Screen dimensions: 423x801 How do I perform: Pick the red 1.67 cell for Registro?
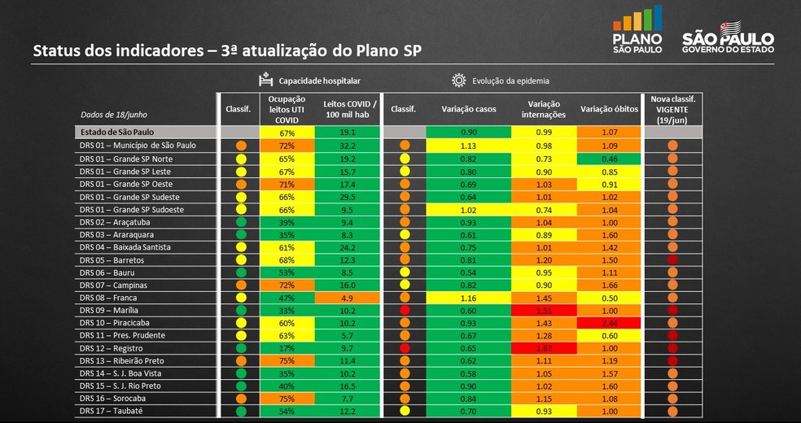click(x=545, y=348)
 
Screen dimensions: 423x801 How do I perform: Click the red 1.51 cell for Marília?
click(x=545, y=310)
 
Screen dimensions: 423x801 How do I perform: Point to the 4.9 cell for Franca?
click(x=349, y=298)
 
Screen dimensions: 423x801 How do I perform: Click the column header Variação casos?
click(x=469, y=109)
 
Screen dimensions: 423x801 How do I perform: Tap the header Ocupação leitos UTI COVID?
click(x=287, y=109)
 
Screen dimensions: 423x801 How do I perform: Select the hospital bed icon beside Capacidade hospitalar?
click(x=265, y=81)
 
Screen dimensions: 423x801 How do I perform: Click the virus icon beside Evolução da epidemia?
click(x=458, y=81)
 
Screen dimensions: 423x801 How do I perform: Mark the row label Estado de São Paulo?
click(x=117, y=132)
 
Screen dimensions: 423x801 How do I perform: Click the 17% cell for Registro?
click(x=287, y=348)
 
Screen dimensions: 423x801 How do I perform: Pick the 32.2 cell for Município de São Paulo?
click(x=349, y=146)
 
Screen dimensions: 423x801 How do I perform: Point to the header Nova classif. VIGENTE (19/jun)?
click(x=672, y=109)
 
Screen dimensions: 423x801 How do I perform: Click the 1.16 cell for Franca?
click(x=469, y=298)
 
